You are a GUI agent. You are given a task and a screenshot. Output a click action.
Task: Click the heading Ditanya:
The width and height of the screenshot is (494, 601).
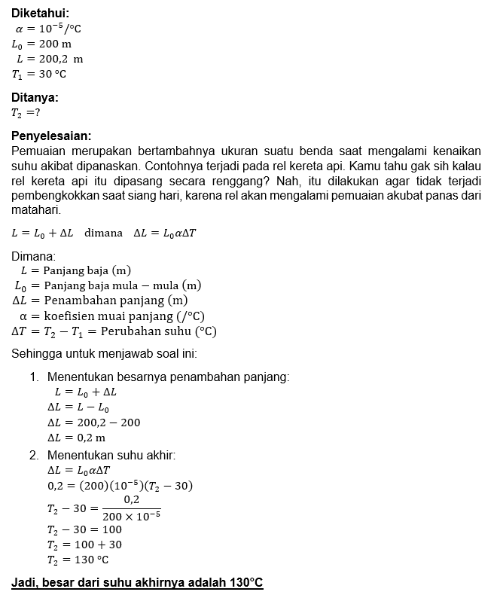pos(35,96)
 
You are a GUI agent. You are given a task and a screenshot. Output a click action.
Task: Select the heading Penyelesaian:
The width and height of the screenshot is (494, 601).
pos(51,136)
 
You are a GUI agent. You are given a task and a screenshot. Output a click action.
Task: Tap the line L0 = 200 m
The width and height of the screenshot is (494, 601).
pos(41,44)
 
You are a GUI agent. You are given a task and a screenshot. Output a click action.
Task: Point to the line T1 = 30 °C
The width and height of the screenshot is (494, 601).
pos(39,74)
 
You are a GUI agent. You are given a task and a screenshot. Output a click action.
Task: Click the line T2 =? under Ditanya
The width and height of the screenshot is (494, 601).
pos(26,112)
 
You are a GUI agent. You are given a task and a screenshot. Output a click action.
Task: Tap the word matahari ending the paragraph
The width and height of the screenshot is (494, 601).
pos(35,209)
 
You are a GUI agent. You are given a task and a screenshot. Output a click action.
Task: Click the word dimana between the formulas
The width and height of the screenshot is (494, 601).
pos(103,233)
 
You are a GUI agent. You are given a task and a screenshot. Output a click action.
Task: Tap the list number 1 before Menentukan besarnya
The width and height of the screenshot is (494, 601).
pos(34,377)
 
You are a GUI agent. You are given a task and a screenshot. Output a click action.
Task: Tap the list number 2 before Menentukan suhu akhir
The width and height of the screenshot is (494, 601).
pos(34,455)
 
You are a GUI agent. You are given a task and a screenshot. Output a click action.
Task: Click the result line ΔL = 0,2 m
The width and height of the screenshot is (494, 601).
pos(76,438)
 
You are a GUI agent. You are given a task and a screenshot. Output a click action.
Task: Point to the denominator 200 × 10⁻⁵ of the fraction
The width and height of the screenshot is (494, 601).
pos(131,516)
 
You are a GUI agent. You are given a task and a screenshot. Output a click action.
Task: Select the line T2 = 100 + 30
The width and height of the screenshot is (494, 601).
pos(84,545)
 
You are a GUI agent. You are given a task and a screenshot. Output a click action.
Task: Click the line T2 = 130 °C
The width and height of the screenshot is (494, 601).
pos(78,560)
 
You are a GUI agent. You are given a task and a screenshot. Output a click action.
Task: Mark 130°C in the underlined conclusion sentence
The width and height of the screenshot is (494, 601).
pos(246,583)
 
